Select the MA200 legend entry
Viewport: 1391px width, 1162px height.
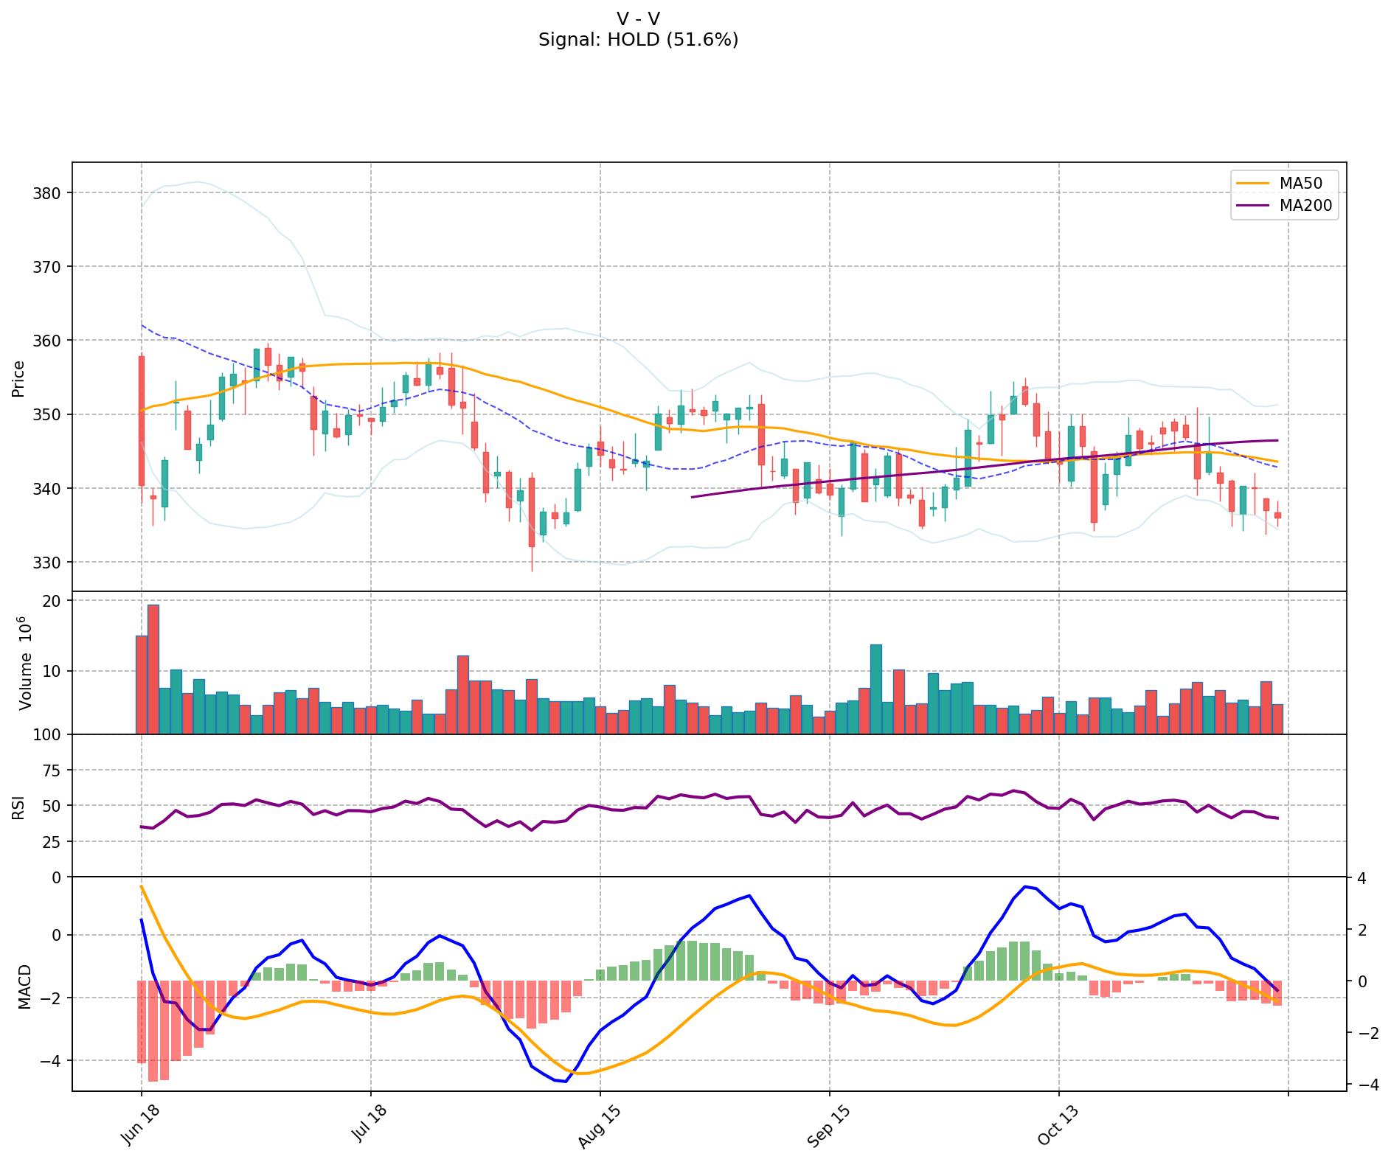click(1305, 206)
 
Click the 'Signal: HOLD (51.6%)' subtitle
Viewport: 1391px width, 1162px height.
click(638, 40)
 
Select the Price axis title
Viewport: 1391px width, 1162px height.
click(18, 378)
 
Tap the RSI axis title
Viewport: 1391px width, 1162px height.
click(18, 807)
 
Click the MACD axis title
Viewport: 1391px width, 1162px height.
click(24, 986)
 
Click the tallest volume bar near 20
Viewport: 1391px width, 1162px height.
click(153, 669)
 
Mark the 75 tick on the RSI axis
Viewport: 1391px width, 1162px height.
click(53, 770)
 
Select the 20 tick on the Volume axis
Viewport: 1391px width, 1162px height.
click(53, 601)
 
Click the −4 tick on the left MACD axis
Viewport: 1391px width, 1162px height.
click(50, 1061)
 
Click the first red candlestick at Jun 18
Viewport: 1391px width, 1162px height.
click(142, 421)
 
